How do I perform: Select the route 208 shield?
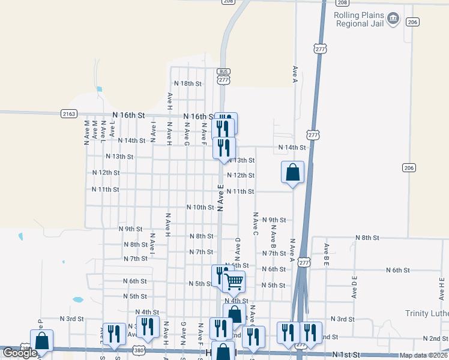click(x=228, y=2)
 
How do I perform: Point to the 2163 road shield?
click(x=69, y=113)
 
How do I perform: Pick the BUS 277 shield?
click(x=224, y=76)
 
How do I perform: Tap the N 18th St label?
click(x=188, y=83)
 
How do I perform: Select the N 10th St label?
click(x=200, y=207)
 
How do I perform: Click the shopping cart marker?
click(x=234, y=280)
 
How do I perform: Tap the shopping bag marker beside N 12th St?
click(x=292, y=172)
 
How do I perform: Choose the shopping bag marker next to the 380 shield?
click(x=41, y=341)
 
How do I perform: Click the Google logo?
click(x=20, y=353)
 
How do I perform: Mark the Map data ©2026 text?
click(x=424, y=355)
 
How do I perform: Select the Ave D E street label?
click(x=355, y=287)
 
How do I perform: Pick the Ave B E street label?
click(x=327, y=254)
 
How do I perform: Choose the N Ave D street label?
click(x=238, y=249)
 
